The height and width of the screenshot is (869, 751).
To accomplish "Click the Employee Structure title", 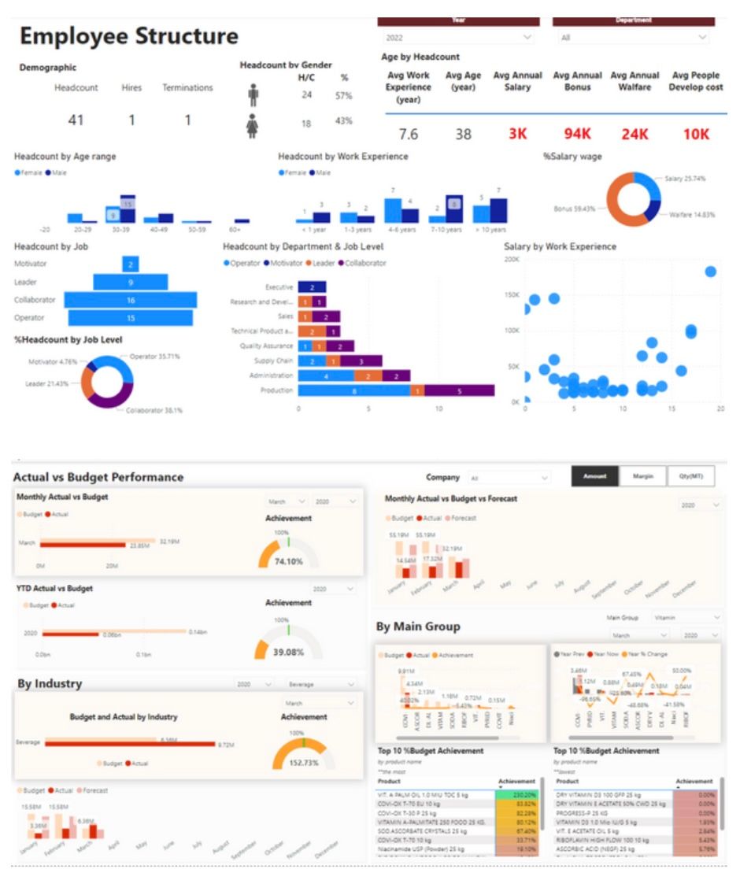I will click(x=128, y=36).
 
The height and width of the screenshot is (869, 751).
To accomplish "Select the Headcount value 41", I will click(x=76, y=120).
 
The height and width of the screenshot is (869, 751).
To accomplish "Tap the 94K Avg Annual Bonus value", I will click(x=577, y=134).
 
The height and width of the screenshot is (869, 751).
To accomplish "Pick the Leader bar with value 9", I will click(x=130, y=282).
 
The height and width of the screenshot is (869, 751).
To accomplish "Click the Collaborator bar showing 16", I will click(x=130, y=300).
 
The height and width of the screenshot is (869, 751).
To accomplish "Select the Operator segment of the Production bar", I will click(x=354, y=390).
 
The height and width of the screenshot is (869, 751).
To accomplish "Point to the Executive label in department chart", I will click(x=279, y=287).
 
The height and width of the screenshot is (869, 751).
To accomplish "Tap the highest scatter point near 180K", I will click(x=710, y=272).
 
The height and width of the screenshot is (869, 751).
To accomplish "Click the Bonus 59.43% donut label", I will click(x=579, y=209).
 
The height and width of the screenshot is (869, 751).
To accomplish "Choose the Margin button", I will click(x=642, y=476).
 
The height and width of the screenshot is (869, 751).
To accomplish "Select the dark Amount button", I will click(x=594, y=476).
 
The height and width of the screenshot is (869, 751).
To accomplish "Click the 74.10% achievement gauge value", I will click(x=289, y=561).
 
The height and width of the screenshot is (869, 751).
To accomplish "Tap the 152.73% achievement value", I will click(x=304, y=763).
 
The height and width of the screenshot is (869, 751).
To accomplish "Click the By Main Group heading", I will click(x=418, y=627).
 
